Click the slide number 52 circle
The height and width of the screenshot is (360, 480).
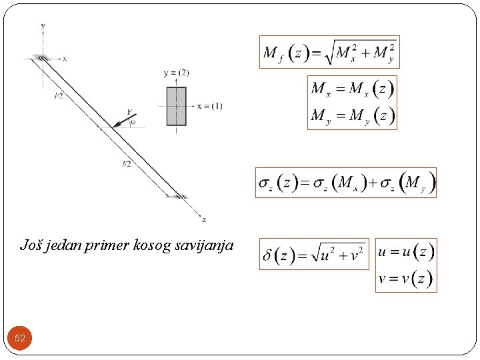[20, 338]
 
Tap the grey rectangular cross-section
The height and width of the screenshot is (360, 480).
[176, 105]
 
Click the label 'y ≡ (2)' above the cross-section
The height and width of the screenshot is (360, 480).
[176, 72]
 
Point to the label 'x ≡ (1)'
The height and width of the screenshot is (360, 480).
[210, 106]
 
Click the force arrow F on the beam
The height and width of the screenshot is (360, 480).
[124, 119]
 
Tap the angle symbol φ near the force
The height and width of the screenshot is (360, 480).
[133, 122]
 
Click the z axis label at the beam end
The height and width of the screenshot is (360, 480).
[203, 219]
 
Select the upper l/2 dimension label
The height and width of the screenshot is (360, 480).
[59, 96]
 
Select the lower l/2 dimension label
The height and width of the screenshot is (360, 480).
[126, 163]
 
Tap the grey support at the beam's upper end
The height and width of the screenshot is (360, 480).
[41, 59]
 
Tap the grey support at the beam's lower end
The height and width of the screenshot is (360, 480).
[181, 196]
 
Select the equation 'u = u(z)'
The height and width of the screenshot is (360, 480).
[405, 252]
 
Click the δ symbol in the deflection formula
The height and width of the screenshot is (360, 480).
[268, 255]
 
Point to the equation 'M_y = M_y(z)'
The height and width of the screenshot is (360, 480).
[351, 116]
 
